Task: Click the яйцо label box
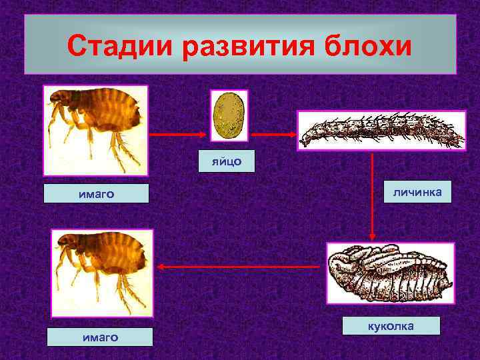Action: [227, 161]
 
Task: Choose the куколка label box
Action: [391, 326]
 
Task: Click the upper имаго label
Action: [96, 194]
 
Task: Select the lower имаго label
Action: [99, 337]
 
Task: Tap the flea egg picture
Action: [229, 115]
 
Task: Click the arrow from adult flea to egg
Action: [178, 134]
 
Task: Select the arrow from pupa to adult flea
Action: [240, 267]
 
